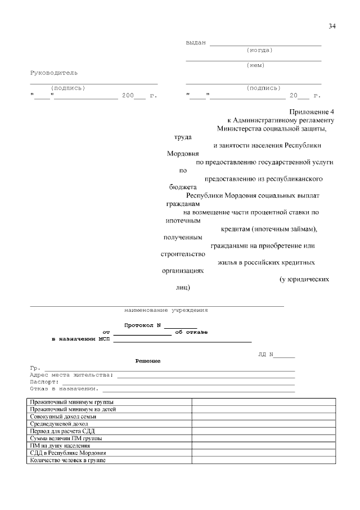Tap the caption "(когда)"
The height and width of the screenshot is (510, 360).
click(x=259, y=50)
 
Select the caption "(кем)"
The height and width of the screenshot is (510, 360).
click(x=256, y=65)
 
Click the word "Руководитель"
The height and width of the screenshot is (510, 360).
click(x=54, y=73)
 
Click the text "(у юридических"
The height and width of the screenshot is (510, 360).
click(x=304, y=279)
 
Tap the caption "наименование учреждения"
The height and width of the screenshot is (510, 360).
click(x=166, y=310)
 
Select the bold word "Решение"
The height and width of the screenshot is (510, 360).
click(x=148, y=360)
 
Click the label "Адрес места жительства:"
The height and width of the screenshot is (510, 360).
click(x=71, y=374)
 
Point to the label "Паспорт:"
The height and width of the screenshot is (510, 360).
click(x=44, y=382)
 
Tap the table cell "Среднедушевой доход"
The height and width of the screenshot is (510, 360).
click(x=60, y=424)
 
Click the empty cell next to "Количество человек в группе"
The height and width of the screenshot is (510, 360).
click(x=263, y=460)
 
